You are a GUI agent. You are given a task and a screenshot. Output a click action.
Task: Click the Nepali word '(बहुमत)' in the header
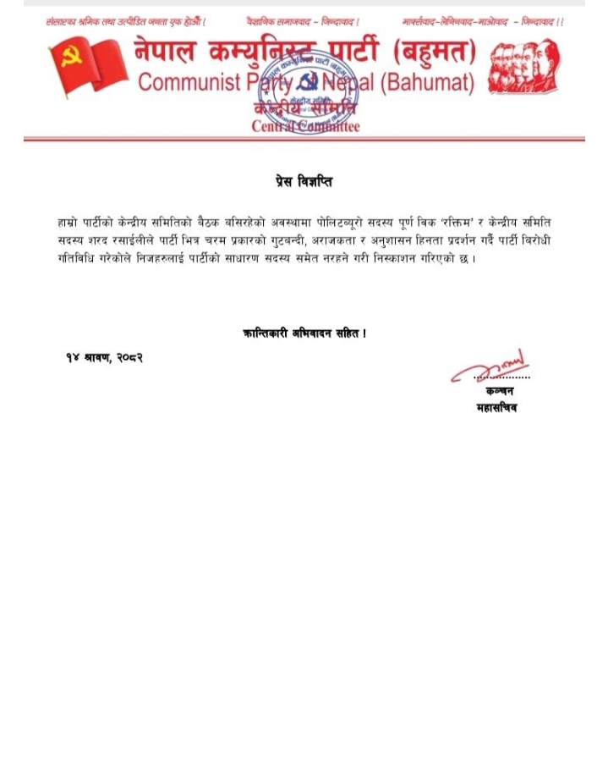(x=430, y=53)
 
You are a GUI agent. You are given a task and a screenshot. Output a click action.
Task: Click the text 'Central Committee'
(x=305, y=126)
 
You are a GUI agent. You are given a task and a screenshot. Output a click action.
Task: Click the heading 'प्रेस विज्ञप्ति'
(x=304, y=181)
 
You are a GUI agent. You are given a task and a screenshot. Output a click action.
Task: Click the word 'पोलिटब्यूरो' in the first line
(x=337, y=222)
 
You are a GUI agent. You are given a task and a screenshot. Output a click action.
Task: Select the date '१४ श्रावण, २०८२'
(x=104, y=358)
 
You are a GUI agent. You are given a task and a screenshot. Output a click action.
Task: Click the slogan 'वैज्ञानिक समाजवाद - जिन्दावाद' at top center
(x=303, y=20)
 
